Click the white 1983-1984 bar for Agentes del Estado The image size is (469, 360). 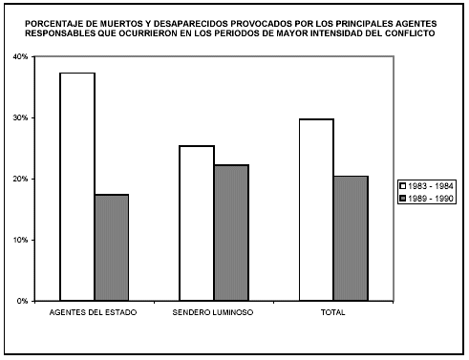coord(77,187)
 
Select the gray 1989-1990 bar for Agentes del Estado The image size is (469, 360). coord(111,247)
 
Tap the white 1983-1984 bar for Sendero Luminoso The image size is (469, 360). coord(197,223)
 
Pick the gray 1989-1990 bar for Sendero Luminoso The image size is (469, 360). coord(230,233)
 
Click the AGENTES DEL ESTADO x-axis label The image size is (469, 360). coord(94,313)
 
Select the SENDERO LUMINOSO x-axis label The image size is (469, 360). coord(213,313)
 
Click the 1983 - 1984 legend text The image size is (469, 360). coord(434,185)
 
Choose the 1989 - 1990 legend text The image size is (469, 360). coord(434,198)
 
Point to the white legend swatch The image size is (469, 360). coord(403,185)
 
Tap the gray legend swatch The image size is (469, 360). coord(403,198)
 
